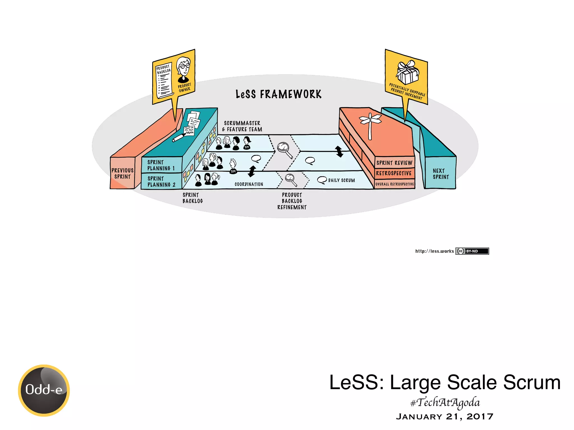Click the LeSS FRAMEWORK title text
[278, 94]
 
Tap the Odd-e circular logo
[44, 390]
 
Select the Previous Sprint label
[122, 174]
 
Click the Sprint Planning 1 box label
[161, 165]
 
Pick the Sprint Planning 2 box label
[161, 181]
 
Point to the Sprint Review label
[394, 163]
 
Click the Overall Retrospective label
[394, 184]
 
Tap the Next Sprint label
[441, 174]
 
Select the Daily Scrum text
[341, 181]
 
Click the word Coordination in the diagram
[249, 184]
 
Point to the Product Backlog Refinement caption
[292, 201]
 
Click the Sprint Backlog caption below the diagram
[193, 198]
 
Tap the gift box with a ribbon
[408, 72]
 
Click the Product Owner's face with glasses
[184, 67]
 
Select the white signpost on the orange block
[370, 125]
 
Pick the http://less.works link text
[434, 251]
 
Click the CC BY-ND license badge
[472, 251]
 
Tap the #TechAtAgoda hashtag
[445, 403]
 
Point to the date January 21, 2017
[445, 417]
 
